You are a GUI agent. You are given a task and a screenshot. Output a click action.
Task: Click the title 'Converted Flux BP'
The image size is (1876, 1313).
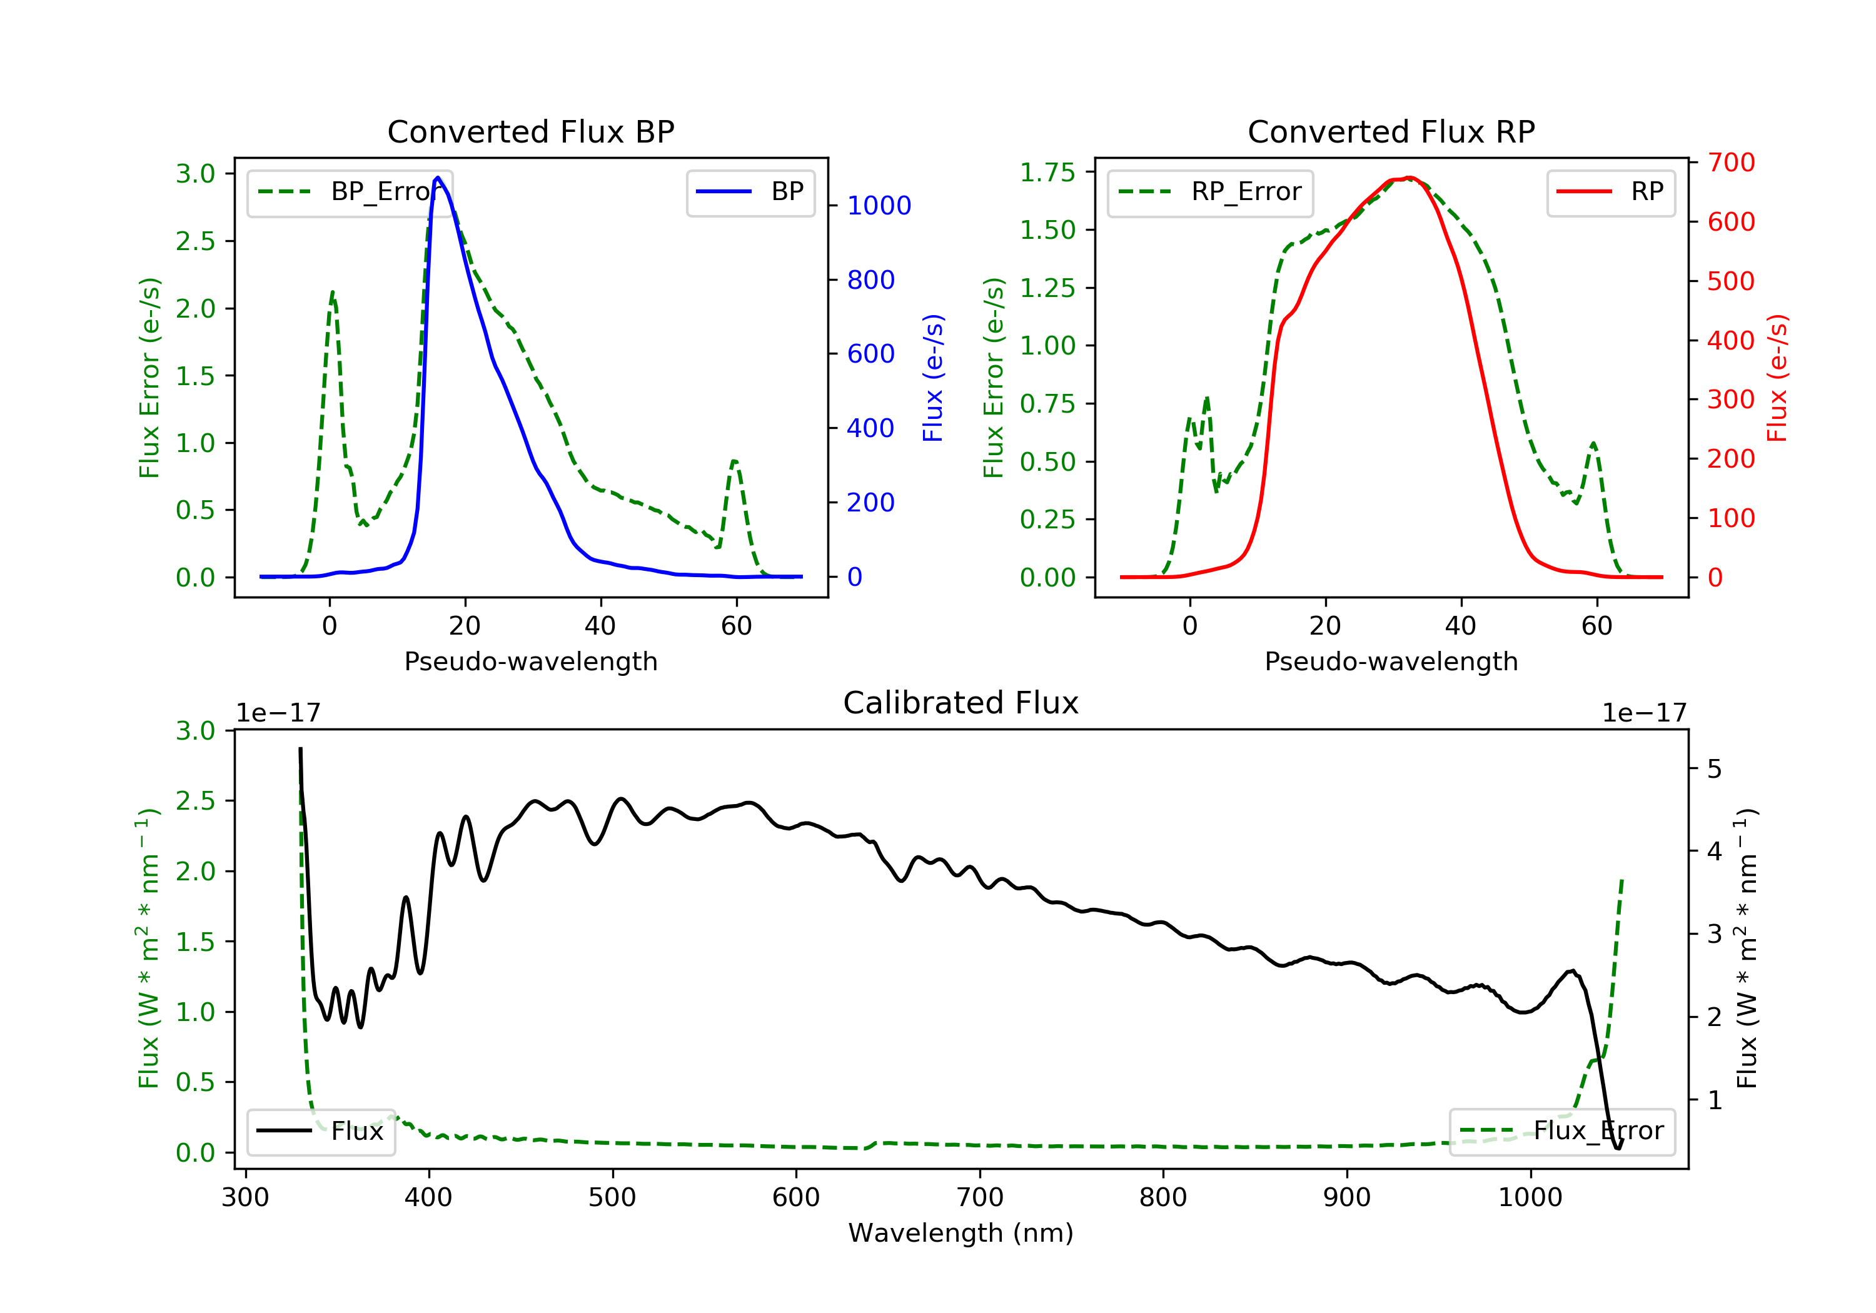point(530,131)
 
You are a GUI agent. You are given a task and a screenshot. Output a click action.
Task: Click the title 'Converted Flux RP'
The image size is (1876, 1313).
point(1391,131)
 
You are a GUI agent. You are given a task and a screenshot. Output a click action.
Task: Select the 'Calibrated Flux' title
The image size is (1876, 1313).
point(961,703)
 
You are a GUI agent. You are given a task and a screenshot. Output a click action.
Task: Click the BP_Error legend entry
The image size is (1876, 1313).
point(349,192)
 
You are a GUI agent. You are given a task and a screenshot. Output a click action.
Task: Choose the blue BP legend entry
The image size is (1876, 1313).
point(750,192)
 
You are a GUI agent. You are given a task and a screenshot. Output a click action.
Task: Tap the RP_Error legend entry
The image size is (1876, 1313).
point(1210,192)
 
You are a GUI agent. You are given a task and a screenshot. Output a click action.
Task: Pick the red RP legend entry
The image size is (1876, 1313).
point(1610,192)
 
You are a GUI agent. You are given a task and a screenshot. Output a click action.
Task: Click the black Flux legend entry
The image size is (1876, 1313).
point(320,1131)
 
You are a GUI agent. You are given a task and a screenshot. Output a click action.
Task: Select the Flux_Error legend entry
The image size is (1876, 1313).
point(1561,1131)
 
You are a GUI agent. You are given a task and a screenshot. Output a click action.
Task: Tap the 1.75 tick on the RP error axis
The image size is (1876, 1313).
point(1047,173)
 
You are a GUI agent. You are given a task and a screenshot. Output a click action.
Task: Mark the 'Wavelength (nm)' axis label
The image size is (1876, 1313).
point(961,1233)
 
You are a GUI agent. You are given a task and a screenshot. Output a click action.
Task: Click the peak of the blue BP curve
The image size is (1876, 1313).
point(438,178)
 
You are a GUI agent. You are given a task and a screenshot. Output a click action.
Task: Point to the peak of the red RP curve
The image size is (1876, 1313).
point(1409,178)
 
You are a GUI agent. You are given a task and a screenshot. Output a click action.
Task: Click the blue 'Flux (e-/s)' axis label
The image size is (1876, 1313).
point(933,378)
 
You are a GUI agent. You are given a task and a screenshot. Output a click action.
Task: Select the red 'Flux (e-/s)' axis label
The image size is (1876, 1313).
point(1777,378)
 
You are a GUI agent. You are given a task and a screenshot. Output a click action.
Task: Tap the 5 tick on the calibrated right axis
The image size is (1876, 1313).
point(1715,770)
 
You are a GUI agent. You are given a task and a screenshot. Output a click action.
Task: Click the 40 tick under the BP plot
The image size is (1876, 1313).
point(600,626)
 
